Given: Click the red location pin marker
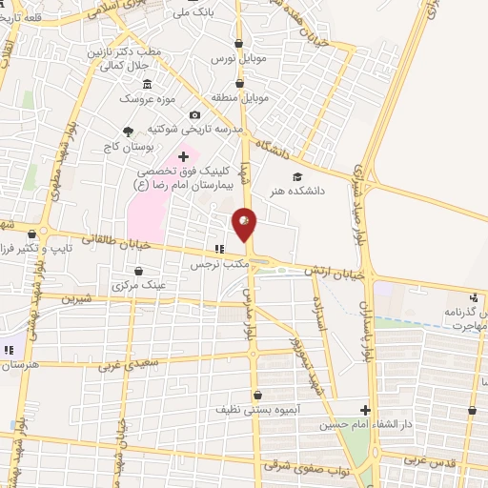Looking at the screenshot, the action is pyautogui.click(x=245, y=225).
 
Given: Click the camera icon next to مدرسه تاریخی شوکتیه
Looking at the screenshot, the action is pyautogui.click(x=194, y=114).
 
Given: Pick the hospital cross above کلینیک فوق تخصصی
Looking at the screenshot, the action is pyautogui.click(x=184, y=155).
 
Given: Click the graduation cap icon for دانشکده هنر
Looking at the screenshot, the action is pyautogui.click(x=297, y=176).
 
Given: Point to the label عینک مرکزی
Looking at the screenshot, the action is pyautogui.click(x=139, y=285).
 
